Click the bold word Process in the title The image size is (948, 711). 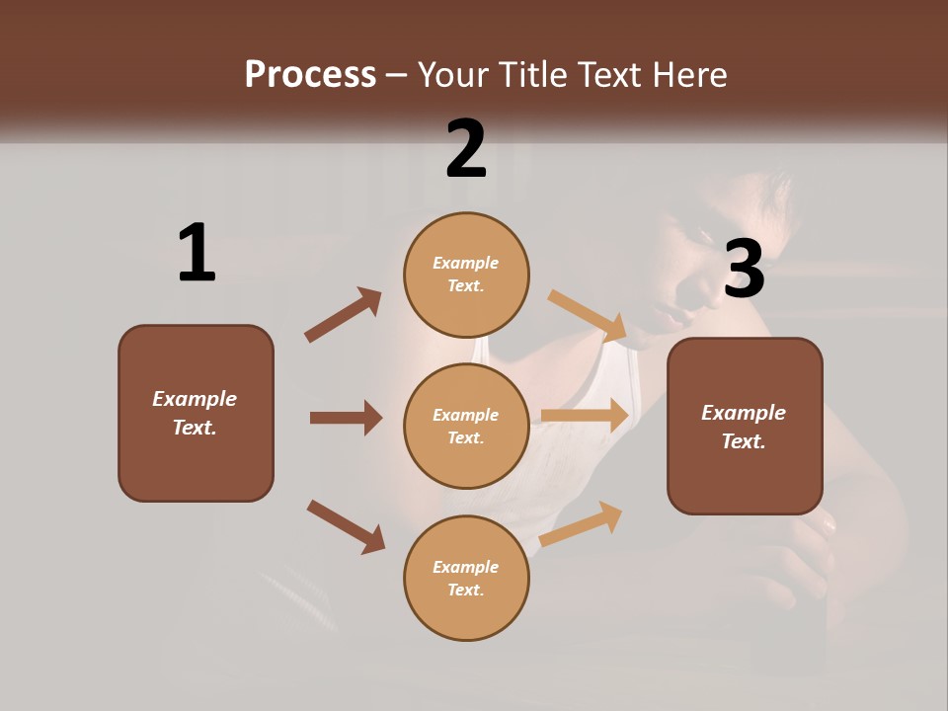(310, 75)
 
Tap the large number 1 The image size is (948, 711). (197, 254)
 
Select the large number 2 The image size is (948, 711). (466, 149)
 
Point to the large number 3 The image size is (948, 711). (745, 270)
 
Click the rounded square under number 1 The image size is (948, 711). (196, 413)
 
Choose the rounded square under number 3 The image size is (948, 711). (745, 426)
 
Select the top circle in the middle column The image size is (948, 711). (466, 274)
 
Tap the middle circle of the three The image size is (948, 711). (466, 426)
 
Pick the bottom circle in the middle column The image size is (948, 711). (466, 578)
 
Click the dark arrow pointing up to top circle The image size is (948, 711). (344, 314)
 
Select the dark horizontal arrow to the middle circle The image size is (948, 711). (346, 418)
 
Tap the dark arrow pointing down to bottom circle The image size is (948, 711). (346, 525)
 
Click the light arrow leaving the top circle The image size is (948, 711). (588, 316)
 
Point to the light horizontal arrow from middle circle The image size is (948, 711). (585, 416)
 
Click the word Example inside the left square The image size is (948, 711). (195, 399)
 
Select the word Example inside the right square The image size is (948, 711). (744, 413)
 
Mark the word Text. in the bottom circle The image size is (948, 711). (465, 590)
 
